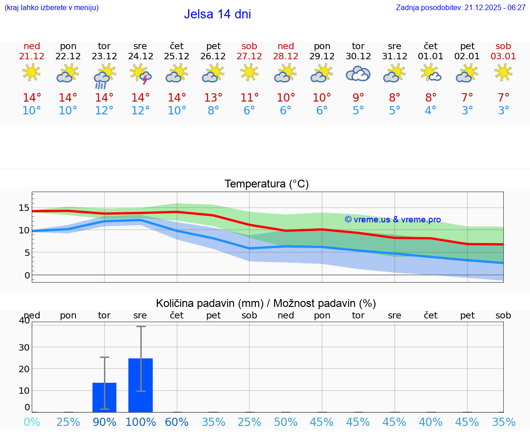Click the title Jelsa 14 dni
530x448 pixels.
[x=217, y=14]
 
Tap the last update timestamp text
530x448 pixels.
[x=461, y=8]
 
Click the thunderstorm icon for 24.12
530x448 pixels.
[x=141, y=74]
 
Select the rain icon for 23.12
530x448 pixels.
[x=104, y=75]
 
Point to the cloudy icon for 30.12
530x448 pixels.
[x=358, y=74]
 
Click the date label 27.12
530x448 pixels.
[x=249, y=56]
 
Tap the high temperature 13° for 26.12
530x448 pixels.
[x=213, y=97]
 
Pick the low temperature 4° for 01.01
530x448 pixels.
[x=431, y=110]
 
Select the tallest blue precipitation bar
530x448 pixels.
[x=140, y=385]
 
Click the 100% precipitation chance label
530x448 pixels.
[x=140, y=422]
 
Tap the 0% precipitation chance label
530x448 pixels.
[x=32, y=422]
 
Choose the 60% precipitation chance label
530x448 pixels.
[x=177, y=422]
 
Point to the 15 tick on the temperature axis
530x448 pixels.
[x=24, y=208]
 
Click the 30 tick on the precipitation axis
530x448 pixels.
[x=24, y=347]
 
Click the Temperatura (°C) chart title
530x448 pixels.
[x=266, y=184]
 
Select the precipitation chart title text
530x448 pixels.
[x=265, y=303]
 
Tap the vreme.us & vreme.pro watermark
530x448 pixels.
[x=392, y=220]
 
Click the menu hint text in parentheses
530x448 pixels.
[x=52, y=8]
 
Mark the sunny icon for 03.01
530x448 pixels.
[x=503, y=72]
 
